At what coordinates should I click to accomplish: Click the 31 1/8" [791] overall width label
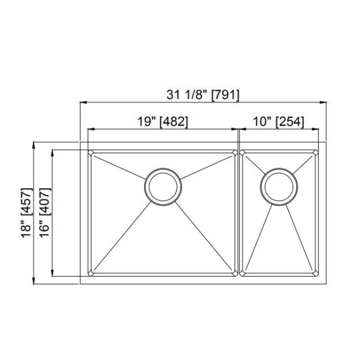click(x=203, y=94)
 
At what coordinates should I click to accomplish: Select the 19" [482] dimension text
click(x=159, y=121)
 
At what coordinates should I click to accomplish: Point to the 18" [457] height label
click(x=26, y=213)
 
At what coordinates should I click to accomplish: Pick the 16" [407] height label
click(x=44, y=213)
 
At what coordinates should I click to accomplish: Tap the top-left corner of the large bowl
click(x=89, y=152)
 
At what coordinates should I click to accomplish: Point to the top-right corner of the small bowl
click(x=316, y=152)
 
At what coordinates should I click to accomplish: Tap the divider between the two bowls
click(x=239, y=213)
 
